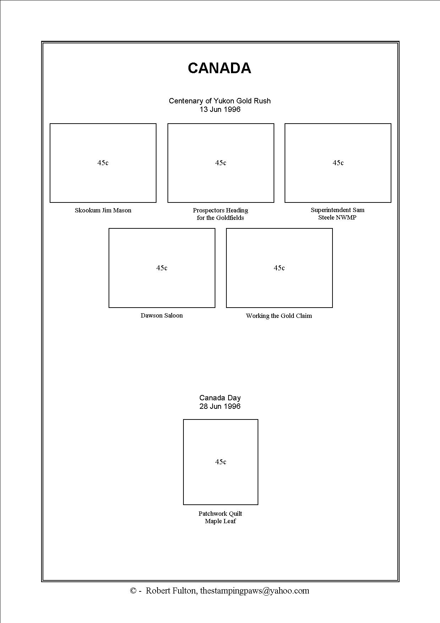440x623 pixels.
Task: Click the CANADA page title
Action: (x=219, y=68)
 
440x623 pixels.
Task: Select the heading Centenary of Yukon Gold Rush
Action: (x=220, y=101)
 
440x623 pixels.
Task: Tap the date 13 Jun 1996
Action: (x=220, y=109)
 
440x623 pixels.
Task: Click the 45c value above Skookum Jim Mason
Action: (x=103, y=163)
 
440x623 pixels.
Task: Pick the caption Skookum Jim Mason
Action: (x=103, y=210)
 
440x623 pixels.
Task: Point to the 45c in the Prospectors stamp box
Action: (x=220, y=163)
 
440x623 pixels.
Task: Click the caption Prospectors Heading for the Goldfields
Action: (x=220, y=214)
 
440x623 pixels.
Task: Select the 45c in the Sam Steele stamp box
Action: (x=338, y=163)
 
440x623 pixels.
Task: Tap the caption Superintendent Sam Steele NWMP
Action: (x=337, y=214)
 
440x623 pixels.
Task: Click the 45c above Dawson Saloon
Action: (x=162, y=268)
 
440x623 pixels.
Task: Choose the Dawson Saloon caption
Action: (x=161, y=315)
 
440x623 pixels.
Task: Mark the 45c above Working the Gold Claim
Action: (x=279, y=268)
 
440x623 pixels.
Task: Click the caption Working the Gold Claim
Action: (x=279, y=316)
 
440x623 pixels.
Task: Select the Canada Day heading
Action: (x=220, y=398)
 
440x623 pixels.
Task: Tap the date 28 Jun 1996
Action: (x=220, y=406)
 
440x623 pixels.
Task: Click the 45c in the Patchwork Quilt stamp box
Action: (x=220, y=462)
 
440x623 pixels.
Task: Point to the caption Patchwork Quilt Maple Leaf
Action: (x=220, y=518)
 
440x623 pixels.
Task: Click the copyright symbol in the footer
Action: (x=133, y=591)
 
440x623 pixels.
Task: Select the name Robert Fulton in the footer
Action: (x=171, y=591)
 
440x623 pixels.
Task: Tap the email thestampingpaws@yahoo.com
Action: (x=254, y=591)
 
